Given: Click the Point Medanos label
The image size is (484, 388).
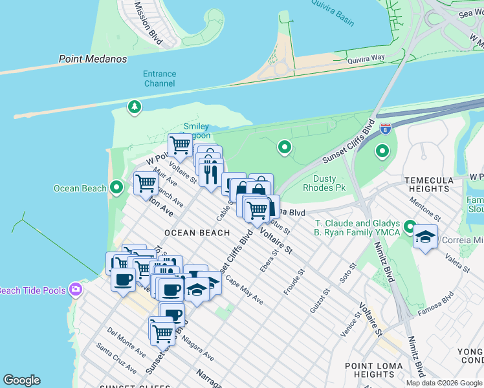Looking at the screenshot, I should tap(93, 59).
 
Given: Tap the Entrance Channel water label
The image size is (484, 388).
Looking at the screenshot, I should tap(159, 79).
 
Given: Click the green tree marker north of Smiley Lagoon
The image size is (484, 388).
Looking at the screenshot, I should tap(135, 106).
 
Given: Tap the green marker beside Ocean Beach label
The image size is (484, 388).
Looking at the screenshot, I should tap(116, 188).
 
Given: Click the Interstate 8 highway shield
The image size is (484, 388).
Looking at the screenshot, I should tap(386, 129).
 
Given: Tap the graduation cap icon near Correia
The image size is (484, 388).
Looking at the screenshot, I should tap(426, 237).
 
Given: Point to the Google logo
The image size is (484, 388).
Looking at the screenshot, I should tap(21, 380).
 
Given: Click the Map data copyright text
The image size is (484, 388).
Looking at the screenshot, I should tap(443, 383).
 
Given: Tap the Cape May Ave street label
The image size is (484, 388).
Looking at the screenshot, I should tap(244, 292).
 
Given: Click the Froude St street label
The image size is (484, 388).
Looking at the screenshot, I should tap(293, 283).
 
